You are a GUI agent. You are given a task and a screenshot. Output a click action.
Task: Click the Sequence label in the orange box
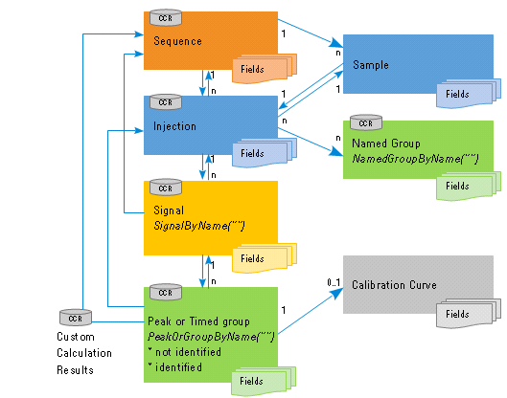coord(177,41)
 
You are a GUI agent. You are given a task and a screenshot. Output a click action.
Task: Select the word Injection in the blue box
coord(174,126)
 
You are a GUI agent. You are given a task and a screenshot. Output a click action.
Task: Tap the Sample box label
coord(371,65)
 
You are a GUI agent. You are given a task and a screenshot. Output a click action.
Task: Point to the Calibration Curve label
coord(394,285)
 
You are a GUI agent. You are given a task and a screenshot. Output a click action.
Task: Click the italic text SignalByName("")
coord(199,226)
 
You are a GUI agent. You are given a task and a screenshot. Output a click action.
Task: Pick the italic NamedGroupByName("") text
coord(415,159)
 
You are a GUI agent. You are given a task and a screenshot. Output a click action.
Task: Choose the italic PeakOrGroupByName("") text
coord(211,337)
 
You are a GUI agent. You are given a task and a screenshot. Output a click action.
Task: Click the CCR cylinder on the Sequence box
coord(166,18)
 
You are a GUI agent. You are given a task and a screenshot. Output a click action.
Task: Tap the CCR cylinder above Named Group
coord(366,122)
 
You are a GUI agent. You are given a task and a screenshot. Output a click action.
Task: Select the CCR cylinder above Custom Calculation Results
coord(76,318)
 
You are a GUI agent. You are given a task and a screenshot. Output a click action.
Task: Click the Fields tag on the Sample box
coord(469,93)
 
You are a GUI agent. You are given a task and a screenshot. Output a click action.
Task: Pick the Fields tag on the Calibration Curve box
coord(469,313)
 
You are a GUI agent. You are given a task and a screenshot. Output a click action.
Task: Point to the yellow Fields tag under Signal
coord(265,257)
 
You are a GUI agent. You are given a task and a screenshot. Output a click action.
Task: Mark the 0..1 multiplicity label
coord(334,283)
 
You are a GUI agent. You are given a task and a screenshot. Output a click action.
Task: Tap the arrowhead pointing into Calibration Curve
coord(337,293)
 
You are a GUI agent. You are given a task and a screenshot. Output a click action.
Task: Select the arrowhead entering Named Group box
coord(336,151)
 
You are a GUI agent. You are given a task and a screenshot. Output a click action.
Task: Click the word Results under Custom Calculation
coord(75,369)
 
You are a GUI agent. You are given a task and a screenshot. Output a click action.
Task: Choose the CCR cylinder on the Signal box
coord(166,188)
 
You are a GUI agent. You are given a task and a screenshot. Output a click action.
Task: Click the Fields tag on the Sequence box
coord(265,69)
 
